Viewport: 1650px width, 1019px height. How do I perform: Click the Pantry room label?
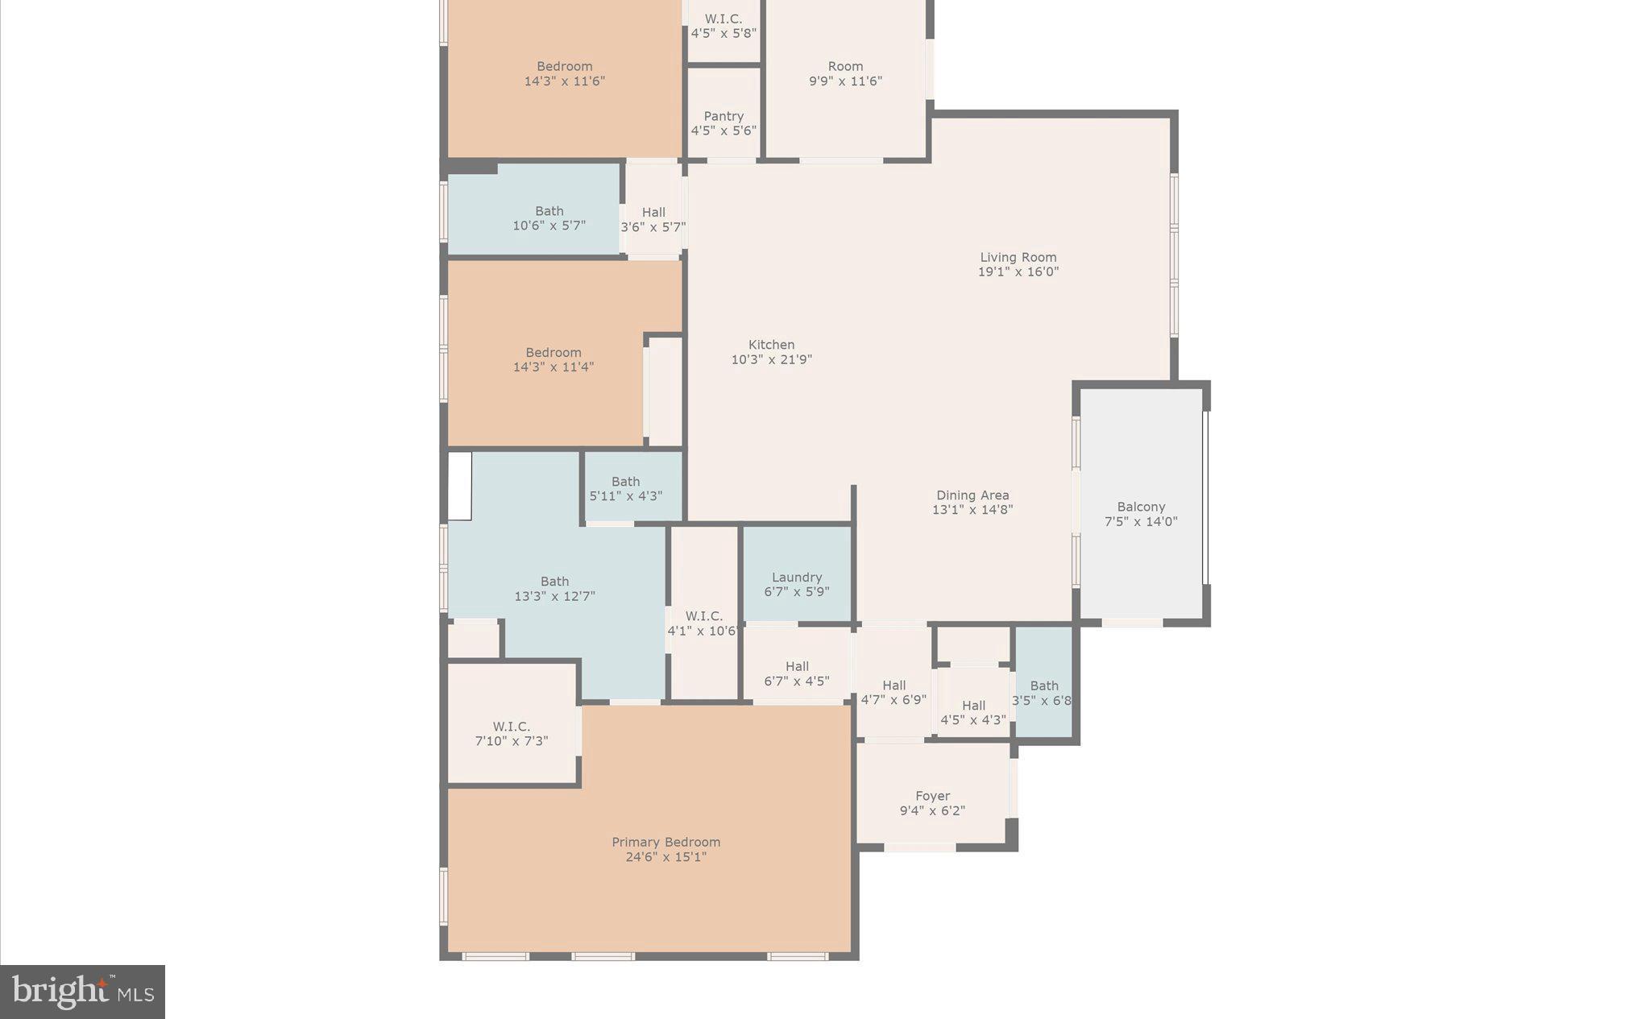pos(723,116)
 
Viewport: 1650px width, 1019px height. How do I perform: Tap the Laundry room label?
pos(796,577)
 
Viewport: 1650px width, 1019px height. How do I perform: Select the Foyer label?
pos(932,796)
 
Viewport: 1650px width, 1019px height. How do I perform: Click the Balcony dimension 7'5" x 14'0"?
pos(1140,521)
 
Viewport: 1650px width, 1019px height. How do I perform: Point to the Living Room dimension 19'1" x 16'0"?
pos(1018,272)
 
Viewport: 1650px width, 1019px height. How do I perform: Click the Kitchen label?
pos(771,345)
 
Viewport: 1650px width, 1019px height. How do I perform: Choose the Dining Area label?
pos(972,495)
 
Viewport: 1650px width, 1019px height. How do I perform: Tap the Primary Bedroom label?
pos(665,842)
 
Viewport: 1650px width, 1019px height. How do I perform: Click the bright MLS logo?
pos(82,992)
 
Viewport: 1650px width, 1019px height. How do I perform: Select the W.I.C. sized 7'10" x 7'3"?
pos(512,733)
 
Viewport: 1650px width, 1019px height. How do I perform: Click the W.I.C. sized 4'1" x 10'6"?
pos(703,623)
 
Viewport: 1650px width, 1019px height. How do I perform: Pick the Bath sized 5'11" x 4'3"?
pos(625,488)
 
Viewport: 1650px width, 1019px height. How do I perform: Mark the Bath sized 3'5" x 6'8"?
pos(1043,693)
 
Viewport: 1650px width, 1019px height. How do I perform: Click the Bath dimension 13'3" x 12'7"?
pos(554,596)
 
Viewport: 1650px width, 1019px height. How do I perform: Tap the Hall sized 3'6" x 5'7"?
pos(653,219)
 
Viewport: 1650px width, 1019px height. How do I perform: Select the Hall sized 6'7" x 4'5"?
pos(796,673)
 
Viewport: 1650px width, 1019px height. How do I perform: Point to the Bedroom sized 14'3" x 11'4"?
pos(553,359)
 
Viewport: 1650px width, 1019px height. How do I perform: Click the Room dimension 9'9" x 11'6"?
pos(845,81)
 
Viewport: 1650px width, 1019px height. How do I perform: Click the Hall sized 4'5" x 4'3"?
pos(972,712)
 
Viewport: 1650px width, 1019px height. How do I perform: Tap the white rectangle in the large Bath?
pos(459,486)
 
